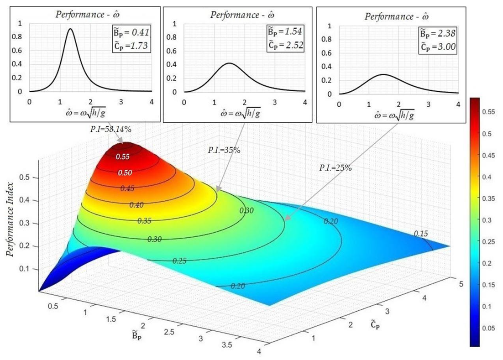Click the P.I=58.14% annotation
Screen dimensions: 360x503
pos(110,130)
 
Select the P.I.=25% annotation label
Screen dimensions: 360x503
pos(335,168)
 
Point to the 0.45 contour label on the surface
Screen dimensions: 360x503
pos(128,188)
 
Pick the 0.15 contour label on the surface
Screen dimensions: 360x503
pos(421,233)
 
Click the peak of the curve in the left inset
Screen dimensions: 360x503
pos(70,29)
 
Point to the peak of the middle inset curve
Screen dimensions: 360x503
pos(229,63)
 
